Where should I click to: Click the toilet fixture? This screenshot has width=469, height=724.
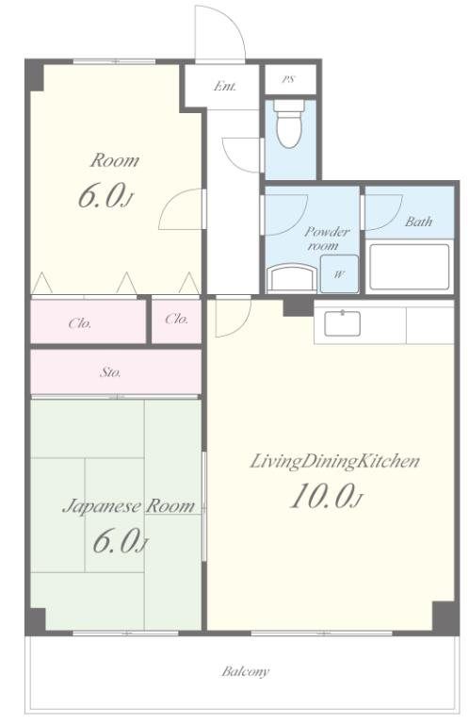click(289, 123)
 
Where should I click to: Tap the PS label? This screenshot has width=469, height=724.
click(288, 79)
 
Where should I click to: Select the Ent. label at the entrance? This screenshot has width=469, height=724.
click(225, 87)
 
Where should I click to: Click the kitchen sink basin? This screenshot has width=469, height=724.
click(342, 323)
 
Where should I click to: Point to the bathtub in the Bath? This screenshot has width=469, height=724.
click(409, 267)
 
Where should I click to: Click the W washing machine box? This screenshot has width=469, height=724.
click(339, 273)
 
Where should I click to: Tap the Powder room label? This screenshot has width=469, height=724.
click(327, 239)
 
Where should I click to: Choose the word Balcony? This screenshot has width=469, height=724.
click(245, 671)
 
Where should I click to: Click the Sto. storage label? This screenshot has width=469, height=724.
click(110, 372)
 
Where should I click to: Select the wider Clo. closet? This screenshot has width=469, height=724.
click(89, 321)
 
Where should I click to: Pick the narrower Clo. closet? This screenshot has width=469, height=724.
click(177, 321)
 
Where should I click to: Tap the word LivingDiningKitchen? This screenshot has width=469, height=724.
click(335, 461)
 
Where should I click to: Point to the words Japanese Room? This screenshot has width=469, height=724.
click(129, 506)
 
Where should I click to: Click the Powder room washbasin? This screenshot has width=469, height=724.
click(292, 278)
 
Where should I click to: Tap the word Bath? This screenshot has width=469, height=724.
click(419, 222)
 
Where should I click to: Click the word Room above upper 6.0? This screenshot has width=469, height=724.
click(115, 160)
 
